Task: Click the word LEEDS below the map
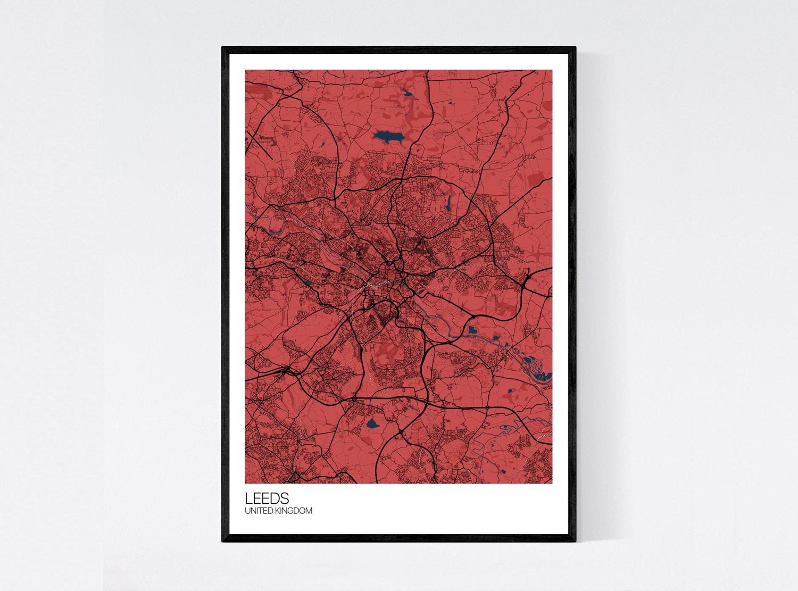tap(267, 498)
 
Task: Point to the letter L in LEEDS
tap(248, 498)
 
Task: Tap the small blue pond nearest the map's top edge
tap(408, 93)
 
